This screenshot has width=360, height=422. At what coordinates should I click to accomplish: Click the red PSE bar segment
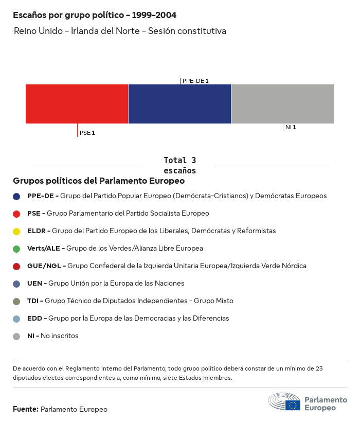coord(77,104)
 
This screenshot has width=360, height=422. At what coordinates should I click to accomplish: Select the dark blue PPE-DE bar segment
coord(179,104)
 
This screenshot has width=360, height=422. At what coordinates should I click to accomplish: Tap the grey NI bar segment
coord(283,104)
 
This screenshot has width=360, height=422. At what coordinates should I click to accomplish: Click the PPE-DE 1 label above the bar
coord(195,81)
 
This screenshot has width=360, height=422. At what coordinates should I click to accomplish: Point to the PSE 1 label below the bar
coord(87,133)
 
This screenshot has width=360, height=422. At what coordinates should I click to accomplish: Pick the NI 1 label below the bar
coord(291,127)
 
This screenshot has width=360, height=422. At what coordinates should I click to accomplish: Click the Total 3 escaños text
coord(179,165)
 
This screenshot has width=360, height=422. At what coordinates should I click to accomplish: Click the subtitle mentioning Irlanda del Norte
coord(120,31)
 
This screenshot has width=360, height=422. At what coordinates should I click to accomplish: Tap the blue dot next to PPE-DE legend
coord(17,196)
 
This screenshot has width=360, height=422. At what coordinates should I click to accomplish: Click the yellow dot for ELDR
coord(17,231)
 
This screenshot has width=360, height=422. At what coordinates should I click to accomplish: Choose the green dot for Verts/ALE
coord(17,249)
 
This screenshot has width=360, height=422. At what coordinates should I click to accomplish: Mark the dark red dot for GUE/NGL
coord(17,266)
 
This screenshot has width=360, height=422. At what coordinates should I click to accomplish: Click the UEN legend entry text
coord(105,284)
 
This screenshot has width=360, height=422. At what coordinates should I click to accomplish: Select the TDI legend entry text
coord(130,301)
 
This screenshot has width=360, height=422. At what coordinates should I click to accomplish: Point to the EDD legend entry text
coord(128,319)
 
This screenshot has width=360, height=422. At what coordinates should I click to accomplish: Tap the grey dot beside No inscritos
coord(17,336)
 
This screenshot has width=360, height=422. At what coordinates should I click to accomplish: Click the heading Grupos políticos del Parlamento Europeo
coord(99,181)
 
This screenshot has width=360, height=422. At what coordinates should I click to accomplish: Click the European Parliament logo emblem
coord(284,402)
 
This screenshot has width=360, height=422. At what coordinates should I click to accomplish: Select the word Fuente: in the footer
coord(26,409)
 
